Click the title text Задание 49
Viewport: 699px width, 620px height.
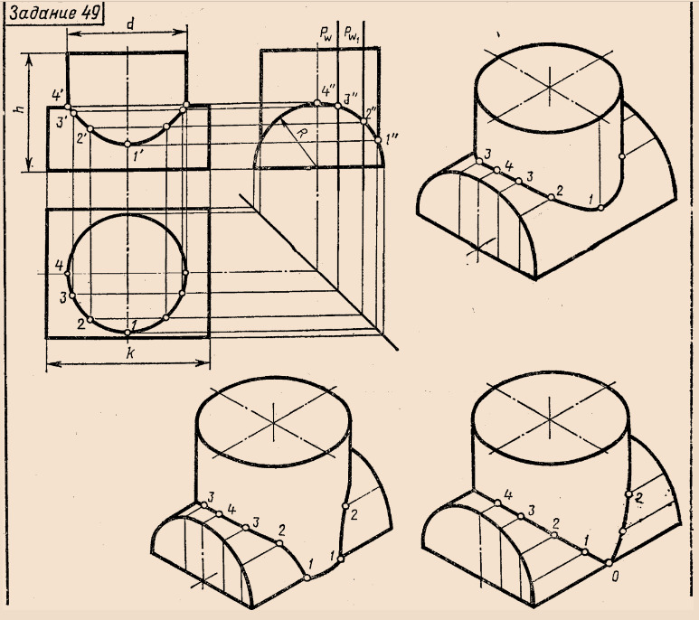(54, 14)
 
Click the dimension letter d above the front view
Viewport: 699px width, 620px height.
(129, 24)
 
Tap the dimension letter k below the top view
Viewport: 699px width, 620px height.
(129, 353)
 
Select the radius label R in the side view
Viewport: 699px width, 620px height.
(302, 132)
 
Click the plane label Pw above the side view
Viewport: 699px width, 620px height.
(326, 33)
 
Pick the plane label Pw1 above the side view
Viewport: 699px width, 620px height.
(352, 33)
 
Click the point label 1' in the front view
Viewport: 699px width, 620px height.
(137, 156)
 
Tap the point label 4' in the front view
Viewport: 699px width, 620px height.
(58, 95)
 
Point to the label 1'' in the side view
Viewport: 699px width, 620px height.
(392, 140)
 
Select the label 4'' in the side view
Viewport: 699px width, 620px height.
(328, 91)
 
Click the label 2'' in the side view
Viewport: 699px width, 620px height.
(371, 112)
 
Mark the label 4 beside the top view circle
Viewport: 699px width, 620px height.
(59, 266)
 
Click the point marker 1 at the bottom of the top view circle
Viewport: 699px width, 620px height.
(128, 333)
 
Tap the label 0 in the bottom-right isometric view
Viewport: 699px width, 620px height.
(615, 578)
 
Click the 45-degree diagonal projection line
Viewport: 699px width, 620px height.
(318, 272)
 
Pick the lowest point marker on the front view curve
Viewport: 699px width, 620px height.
(128, 144)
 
